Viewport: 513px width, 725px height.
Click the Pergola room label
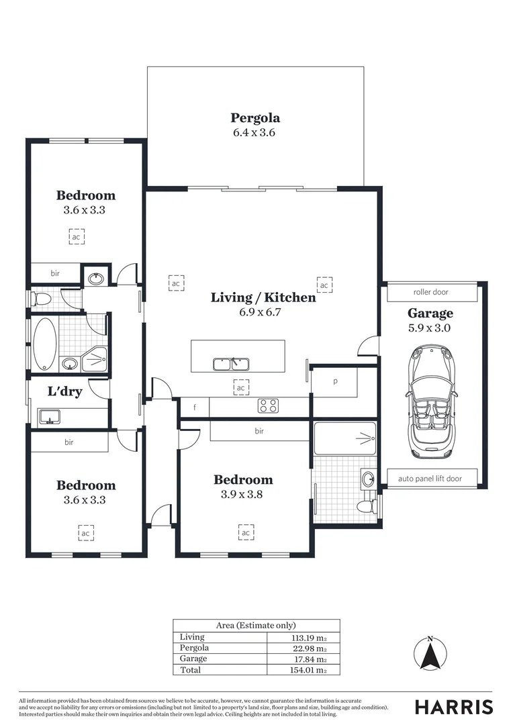(254, 118)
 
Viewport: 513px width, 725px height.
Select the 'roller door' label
(430, 292)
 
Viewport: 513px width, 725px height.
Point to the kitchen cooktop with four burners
(269, 405)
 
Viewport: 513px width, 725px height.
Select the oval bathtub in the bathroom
(44, 344)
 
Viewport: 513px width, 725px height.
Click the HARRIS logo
(454, 707)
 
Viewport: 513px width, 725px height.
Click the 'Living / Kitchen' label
(263, 297)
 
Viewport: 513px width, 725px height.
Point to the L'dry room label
(64, 391)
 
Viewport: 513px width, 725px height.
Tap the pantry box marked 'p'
(334, 381)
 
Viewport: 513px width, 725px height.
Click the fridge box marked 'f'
(195, 407)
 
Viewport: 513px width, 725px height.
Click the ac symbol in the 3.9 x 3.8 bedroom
(246, 532)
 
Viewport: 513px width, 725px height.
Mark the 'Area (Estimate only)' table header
(256, 625)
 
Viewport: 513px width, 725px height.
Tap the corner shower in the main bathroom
(95, 359)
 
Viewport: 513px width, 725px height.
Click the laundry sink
(48, 417)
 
